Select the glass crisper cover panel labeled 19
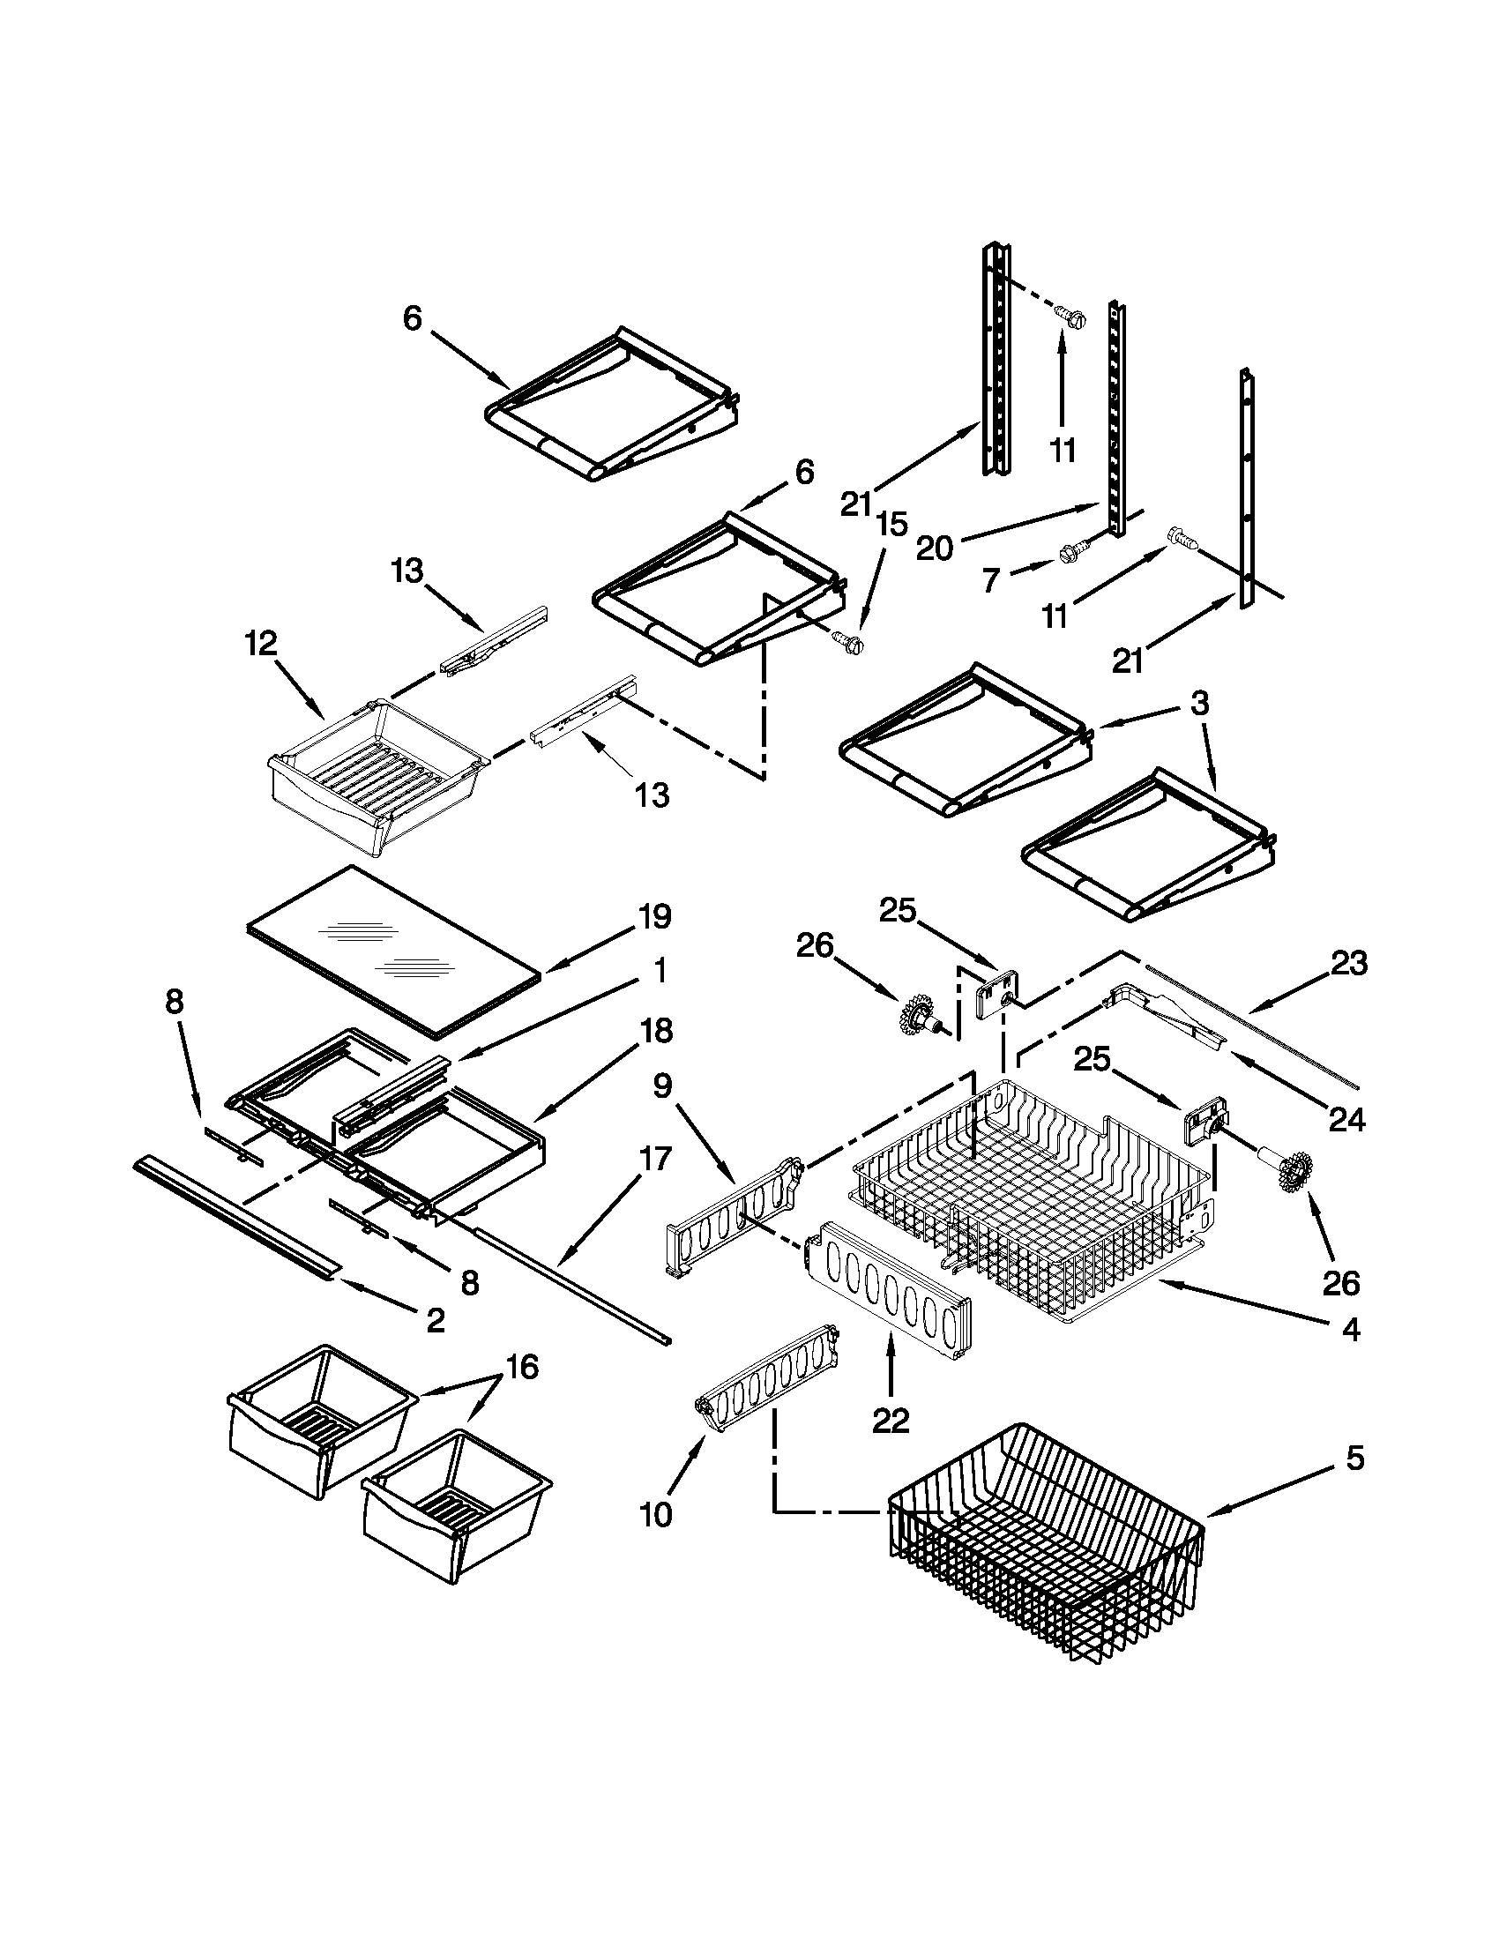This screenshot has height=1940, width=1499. [x=391, y=951]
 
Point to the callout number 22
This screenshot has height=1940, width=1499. [x=891, y=1421]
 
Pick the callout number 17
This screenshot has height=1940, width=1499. [x=653, y=1159]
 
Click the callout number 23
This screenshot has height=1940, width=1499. [x=1348, y=963]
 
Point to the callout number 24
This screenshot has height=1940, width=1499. [x=1346, y=1120]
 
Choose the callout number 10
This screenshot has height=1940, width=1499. [x=655, y=1514]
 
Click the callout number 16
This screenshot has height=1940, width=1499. [x=522, y=1366]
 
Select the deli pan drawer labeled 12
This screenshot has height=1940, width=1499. [x=377, y=777]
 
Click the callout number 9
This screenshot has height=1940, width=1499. [x=663, y=1086]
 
